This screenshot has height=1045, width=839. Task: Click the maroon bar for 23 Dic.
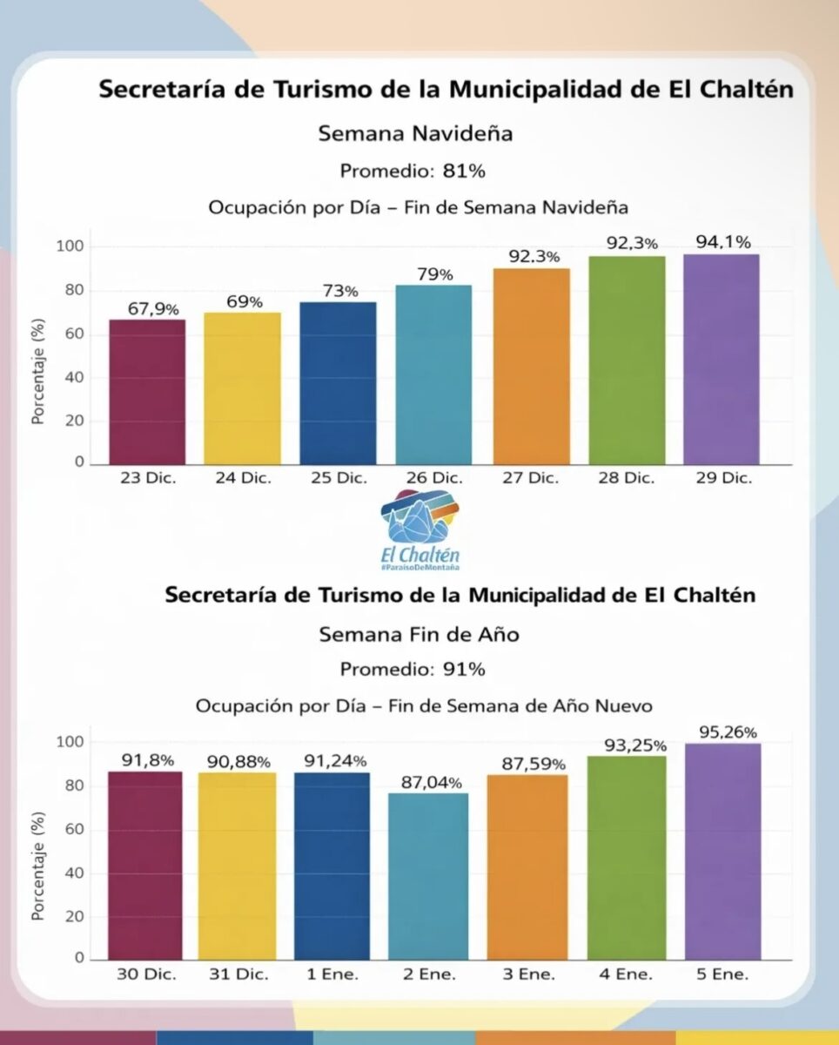[147, 392]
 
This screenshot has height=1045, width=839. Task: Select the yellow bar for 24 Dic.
[243, 388]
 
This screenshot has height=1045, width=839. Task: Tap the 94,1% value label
[722, 243]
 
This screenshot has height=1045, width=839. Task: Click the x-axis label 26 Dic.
[434, 478]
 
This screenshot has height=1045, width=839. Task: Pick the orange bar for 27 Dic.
[531, 367]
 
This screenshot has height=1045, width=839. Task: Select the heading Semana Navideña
[415, 134]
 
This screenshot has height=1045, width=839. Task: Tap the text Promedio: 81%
[413, 172]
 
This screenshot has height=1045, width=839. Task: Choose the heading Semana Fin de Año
[419, 634]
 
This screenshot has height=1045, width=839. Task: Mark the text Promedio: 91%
[413, 670]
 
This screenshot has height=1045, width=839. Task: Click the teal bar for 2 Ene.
[434, 876]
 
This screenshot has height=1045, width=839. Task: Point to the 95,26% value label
[722, 731]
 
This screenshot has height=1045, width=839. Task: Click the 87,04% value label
[433, 782]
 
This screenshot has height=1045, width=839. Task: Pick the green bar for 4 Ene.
[627, 858]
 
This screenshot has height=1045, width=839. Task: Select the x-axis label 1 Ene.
[333, 974]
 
